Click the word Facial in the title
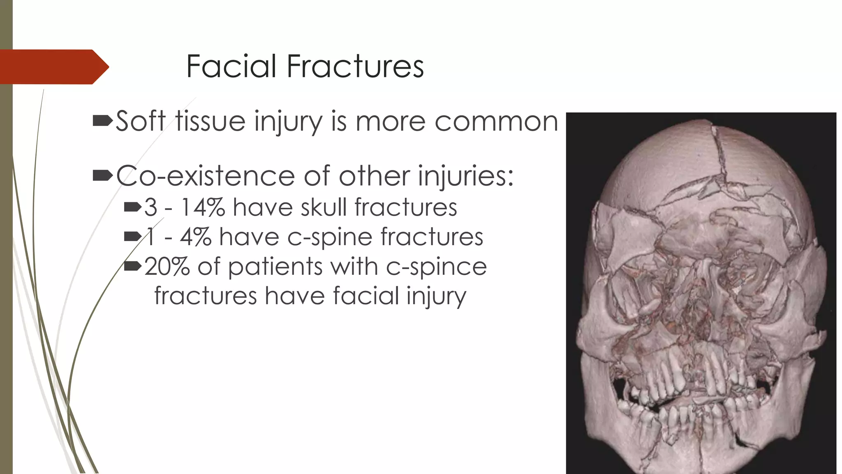[x=231, y=66]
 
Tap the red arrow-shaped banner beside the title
[x=53, y=67]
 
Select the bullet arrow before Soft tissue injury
[x=102, y=121]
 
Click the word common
[x=496, y=122]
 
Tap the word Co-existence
[x=205, y=176]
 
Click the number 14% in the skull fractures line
[x=203, y=207]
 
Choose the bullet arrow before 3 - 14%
[x=132, y=207]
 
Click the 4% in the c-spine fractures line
[x=196, y=237]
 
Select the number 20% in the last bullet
[x=167, y=267]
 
